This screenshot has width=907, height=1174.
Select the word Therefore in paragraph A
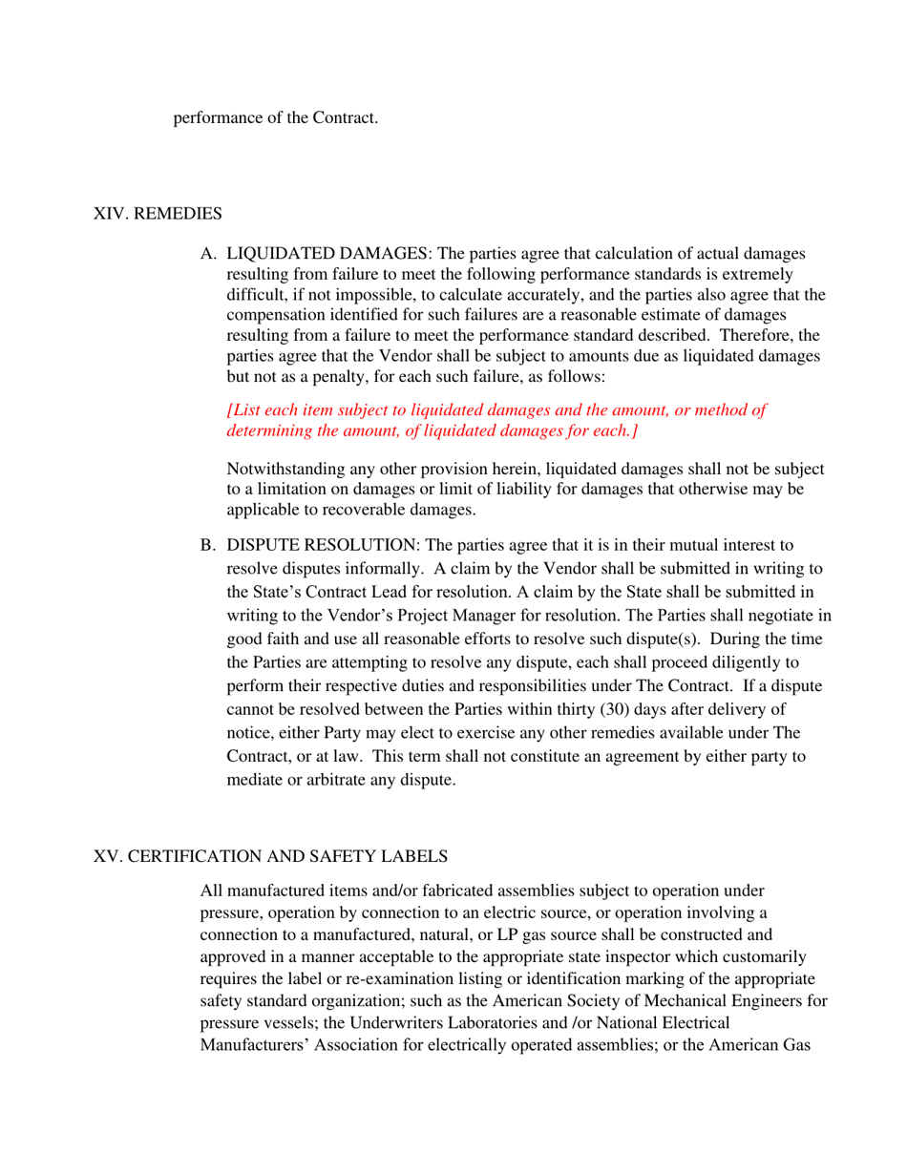[762, 336]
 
